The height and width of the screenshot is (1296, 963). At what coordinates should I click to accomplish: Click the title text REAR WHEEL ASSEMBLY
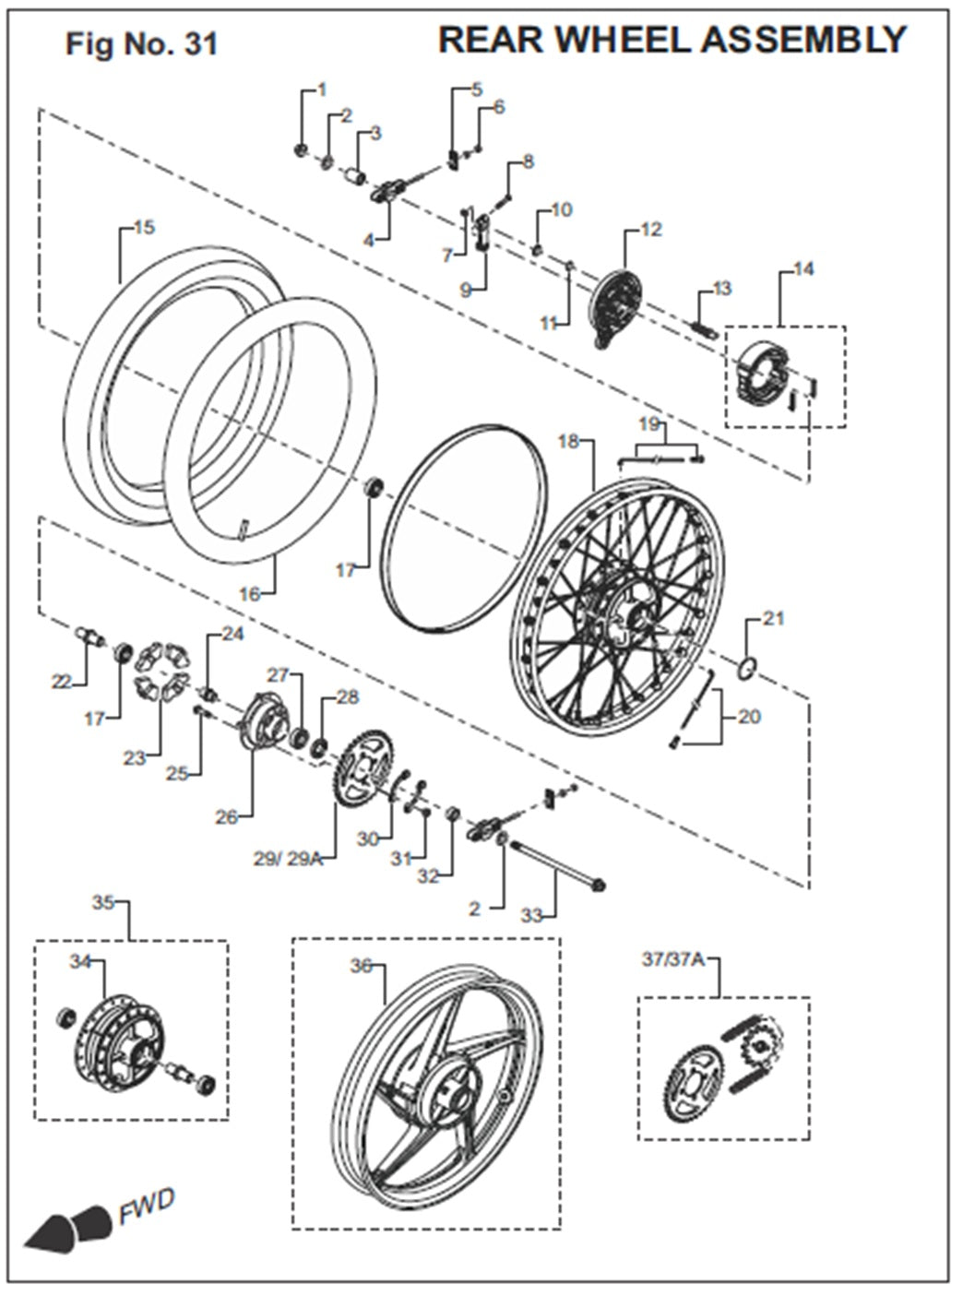pyautogui.click(x=672, y=40)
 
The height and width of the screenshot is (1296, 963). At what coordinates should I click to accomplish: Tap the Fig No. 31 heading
pyautogui.click(x=141, y=44)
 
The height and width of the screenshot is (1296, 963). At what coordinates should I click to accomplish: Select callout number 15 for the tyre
pyautogui.click(x=144, y=227)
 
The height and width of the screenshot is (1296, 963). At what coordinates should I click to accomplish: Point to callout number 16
pyautogui.click(x=250, y=594)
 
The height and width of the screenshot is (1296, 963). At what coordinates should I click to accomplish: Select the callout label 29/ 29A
pyautogui.click(x=288, y=858)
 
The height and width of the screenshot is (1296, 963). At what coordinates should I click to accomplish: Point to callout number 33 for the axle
pyautogui.click(x=531, y=915)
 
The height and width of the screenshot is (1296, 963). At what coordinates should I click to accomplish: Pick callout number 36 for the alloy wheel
pyautogui.click(x=361, y=966)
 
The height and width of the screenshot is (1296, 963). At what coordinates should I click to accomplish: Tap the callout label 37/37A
pyautogui.click(x=672, y=959)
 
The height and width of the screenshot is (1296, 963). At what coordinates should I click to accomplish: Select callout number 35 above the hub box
pyautogui.click(x=102, y=901)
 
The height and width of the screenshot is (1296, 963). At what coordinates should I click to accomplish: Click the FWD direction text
pyautogui.click(x=146, y=1206)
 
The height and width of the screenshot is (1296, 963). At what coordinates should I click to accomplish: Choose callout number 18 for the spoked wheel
pyautogui.click(x=568, y=442)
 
